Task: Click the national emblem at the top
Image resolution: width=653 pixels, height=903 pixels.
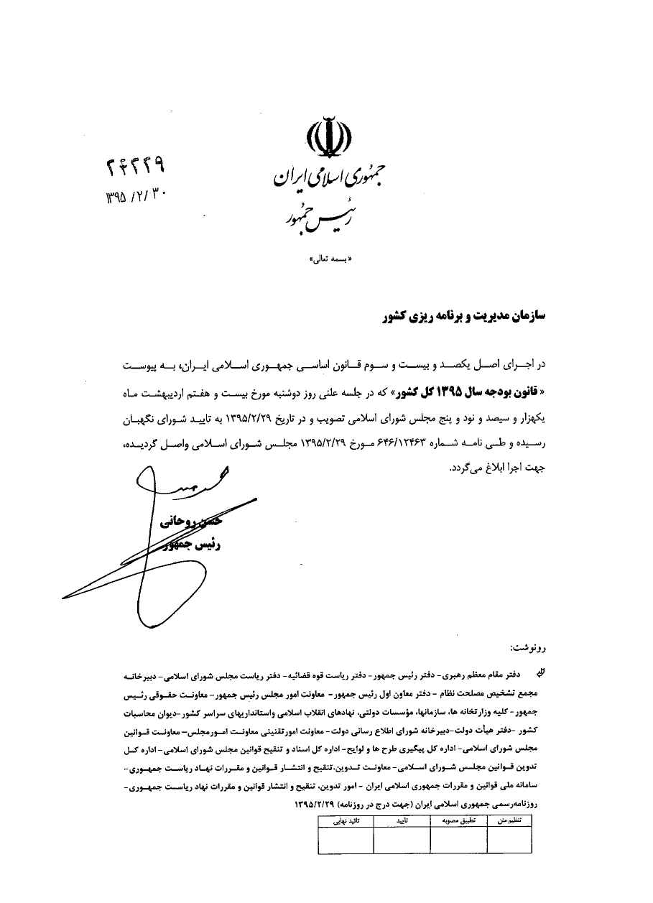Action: [x=330, y=136]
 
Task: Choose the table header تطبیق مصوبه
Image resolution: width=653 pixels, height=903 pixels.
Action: [x=458, y=820]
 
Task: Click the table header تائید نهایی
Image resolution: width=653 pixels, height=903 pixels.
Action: [x=346, y=820]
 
